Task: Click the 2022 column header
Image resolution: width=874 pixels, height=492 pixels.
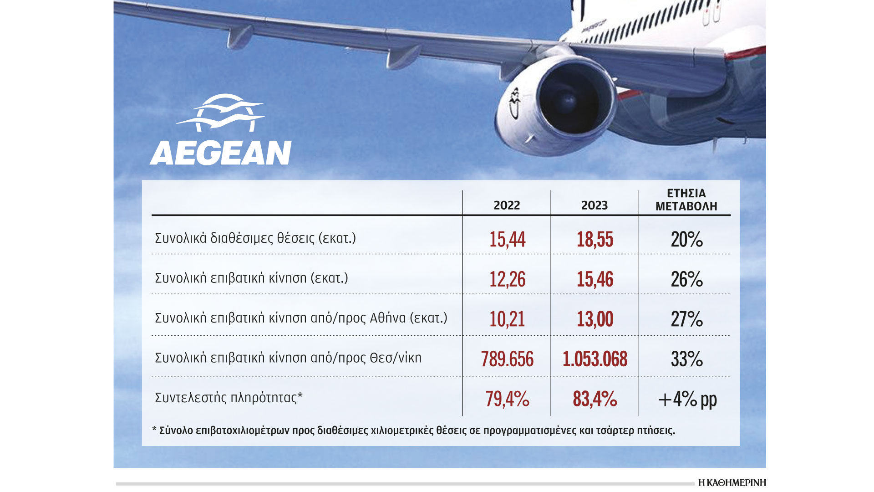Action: tap(507, 205)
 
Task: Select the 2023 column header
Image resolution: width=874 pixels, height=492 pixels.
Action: tap(595, 205)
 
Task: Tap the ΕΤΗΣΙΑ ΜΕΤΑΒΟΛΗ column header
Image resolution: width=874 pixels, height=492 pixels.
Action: tap(686, 200)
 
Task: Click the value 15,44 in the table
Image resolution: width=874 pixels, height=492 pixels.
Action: tap(507, 240)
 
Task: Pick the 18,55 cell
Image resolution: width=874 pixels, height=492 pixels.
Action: tap(595, 240)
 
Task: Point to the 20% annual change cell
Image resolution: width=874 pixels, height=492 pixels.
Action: tap(686, 240)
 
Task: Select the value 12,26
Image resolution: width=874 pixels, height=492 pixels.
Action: tap(507, 279)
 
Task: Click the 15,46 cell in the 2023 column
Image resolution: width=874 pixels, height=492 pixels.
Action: tap(595, 279)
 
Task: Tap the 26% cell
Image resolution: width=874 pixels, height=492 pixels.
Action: tap(686, 279)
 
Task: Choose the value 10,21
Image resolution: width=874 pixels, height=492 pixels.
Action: tap(507, 319)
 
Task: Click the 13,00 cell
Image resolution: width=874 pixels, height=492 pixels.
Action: tap(595, 319)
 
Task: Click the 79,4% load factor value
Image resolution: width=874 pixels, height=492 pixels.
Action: tap(507, 400)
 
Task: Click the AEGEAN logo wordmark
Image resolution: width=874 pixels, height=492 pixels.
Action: tap(221, 153)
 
